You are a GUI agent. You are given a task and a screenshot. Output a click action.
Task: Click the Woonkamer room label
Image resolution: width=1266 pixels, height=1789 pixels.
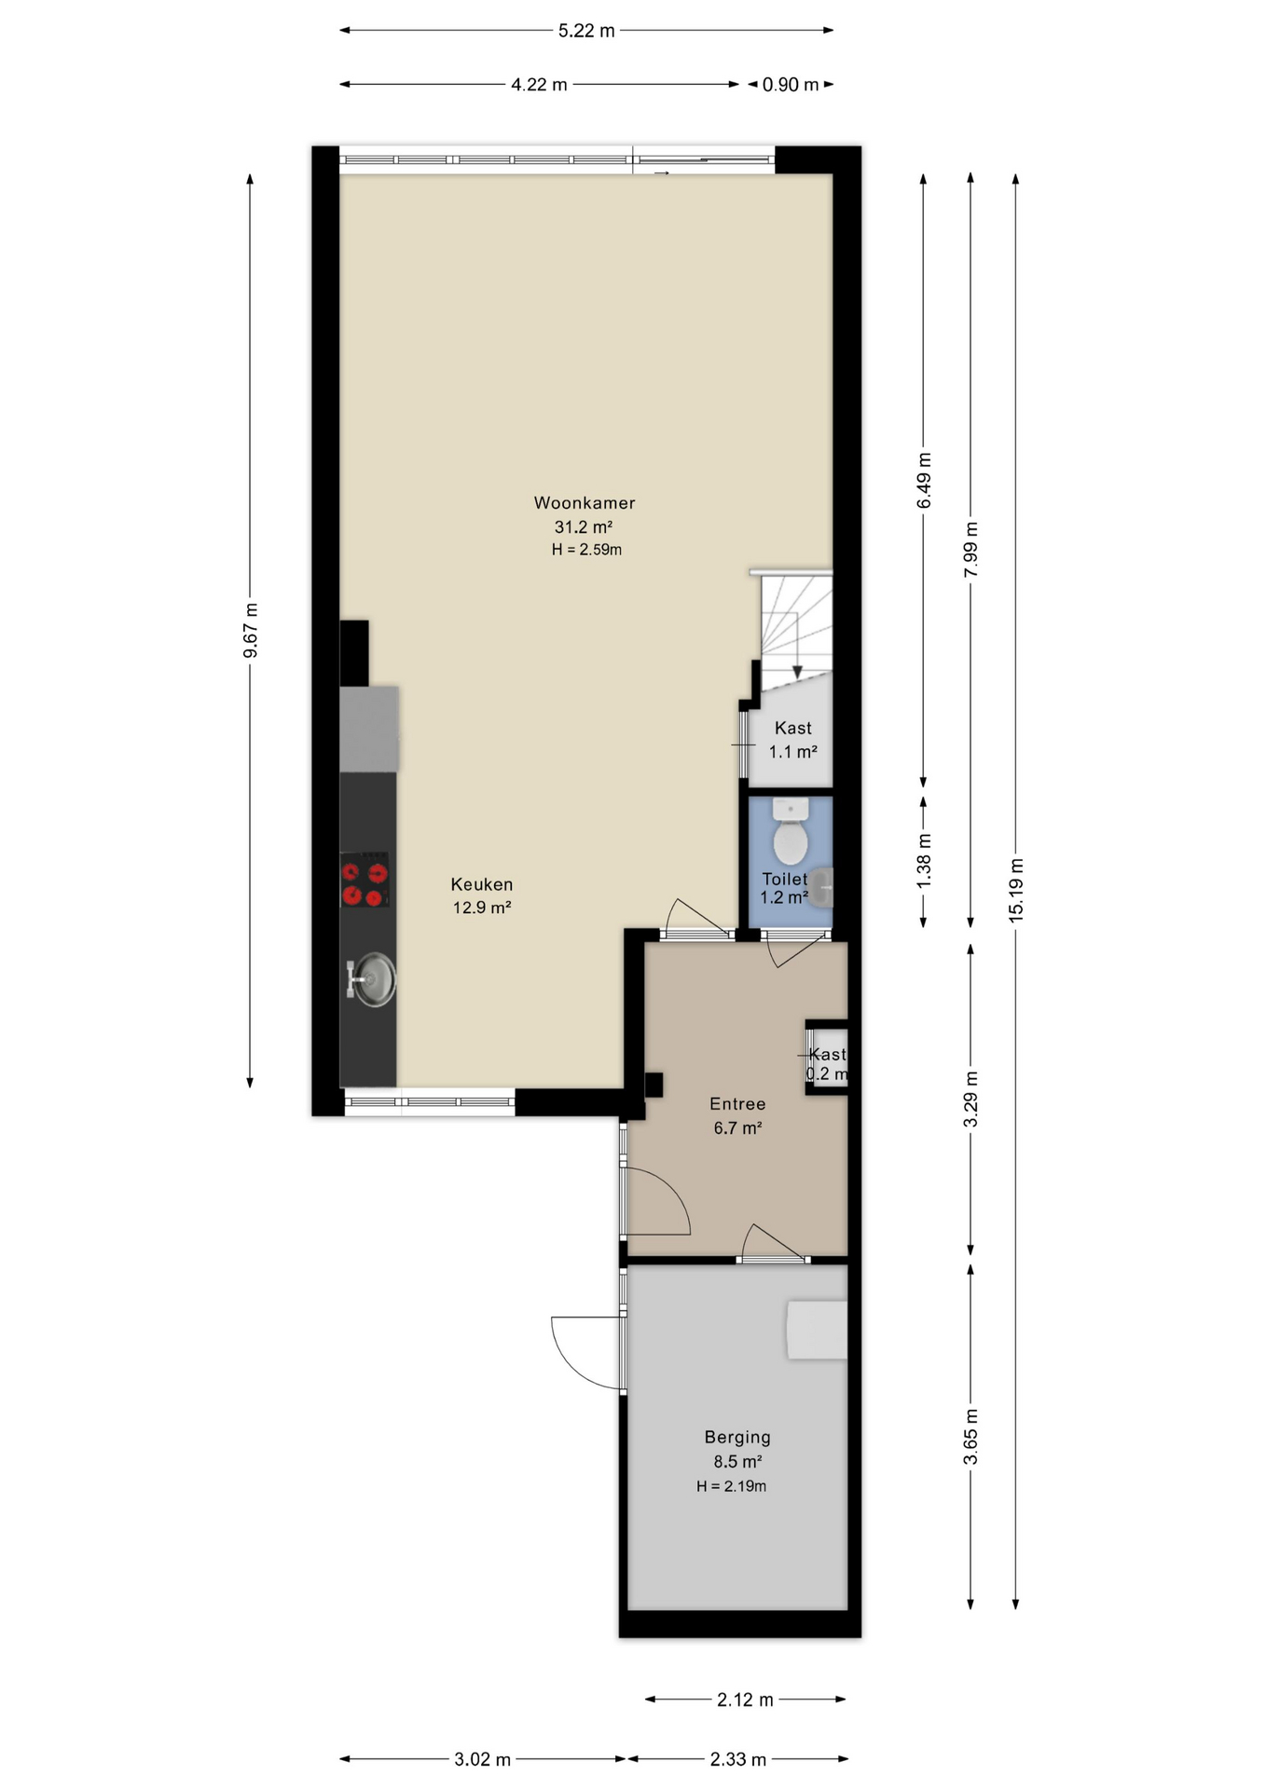pos(585,503)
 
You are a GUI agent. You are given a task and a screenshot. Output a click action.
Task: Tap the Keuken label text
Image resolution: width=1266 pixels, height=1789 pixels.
pos(482,884)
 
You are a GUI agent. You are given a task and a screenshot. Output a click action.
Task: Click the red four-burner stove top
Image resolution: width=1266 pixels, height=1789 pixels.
pos(365,880)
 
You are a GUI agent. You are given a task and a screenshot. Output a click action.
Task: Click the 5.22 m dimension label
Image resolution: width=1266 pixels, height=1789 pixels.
pos(586,31)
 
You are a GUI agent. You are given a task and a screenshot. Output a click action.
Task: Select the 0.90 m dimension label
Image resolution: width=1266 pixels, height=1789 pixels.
pos(791,85)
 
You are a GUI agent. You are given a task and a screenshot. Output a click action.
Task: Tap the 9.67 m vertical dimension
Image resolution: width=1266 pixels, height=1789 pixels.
pos(250,630)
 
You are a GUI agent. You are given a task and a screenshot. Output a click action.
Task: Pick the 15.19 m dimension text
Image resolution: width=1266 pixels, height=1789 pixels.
pos(1016,890)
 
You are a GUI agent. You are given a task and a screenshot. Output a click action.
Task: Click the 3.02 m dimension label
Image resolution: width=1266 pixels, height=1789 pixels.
pos(482,1759)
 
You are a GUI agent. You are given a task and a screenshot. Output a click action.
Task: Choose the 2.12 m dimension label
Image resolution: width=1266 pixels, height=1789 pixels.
pos(745,1700)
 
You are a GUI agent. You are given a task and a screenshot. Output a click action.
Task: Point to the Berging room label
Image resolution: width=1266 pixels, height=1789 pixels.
pos(737,1438)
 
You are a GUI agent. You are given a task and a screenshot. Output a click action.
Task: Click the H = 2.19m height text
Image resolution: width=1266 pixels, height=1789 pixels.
pos(731,1486)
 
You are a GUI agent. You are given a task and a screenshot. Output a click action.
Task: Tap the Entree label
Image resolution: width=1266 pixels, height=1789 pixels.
pos(737,1104)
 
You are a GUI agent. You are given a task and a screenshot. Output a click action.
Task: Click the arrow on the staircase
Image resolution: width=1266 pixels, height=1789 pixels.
pos(797,647)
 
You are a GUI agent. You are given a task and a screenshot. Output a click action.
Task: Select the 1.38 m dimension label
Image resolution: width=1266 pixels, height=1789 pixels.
pos(924,861)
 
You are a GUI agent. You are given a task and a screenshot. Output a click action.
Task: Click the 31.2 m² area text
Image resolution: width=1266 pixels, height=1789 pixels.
pos(584,527)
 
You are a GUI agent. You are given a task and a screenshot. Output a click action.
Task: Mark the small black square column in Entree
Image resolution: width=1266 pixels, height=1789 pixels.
pos(654,1085)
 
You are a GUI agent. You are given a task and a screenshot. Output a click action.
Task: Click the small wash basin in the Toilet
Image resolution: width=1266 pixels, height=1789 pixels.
pos(821,887)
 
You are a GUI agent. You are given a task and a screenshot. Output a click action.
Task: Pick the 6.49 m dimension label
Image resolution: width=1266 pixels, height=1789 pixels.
pos(924,481)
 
